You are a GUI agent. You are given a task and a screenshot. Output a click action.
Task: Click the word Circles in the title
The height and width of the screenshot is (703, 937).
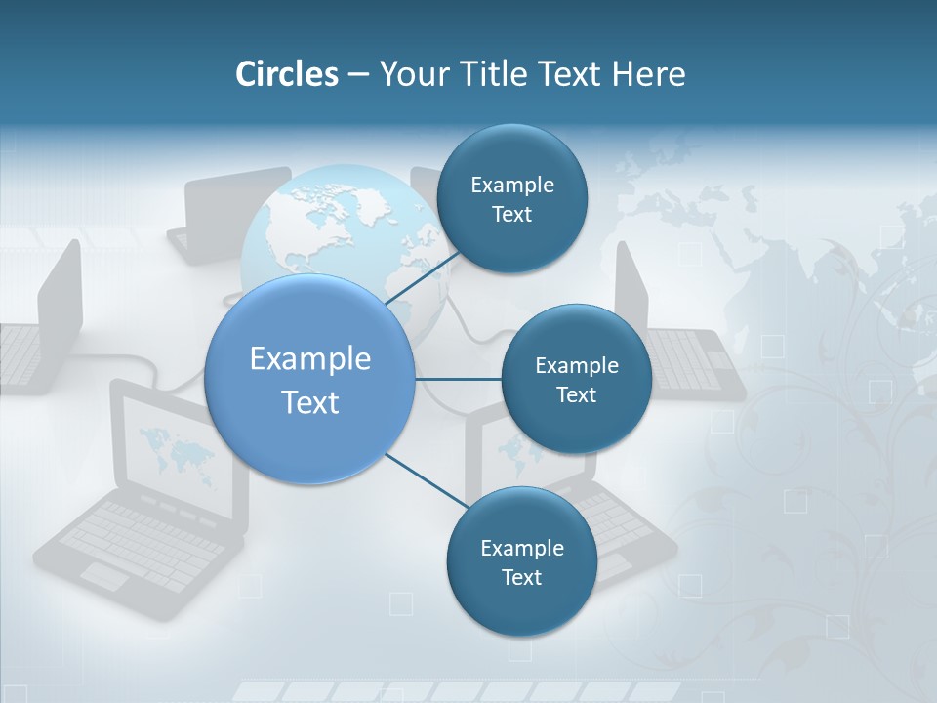[x=287, y=74]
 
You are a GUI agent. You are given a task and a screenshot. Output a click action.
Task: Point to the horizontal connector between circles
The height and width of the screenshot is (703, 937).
[x=458, y=379]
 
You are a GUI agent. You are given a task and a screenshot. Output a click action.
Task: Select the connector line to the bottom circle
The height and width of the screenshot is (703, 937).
[x=426, y=480]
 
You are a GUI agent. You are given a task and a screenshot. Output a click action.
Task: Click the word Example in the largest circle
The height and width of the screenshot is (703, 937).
[x=310, y=359]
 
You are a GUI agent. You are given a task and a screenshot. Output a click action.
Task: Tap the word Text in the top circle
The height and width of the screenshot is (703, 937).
[x=511, y=215]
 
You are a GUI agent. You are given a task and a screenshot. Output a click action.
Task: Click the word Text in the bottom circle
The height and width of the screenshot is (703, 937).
[x=521, y=578]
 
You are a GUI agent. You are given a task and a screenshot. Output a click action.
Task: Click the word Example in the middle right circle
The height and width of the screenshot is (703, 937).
[x=576, y=366]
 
